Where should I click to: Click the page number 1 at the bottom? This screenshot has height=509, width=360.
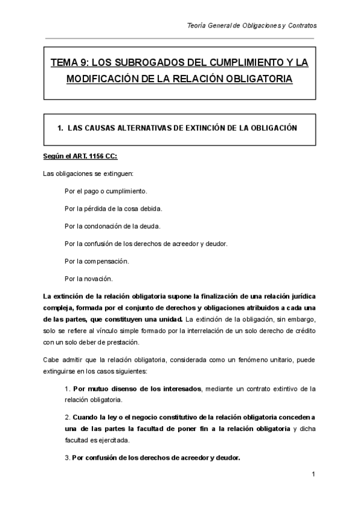pyautogui.click(x=314, y=475)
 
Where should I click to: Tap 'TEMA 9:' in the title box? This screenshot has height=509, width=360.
pyautogui.click(x=68, y=62)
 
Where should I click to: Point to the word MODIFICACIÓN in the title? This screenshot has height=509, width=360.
pyautogui.click(x=104, y=79)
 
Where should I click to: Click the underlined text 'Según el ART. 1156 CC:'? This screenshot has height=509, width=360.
pyautogui.click(x=80, y=157)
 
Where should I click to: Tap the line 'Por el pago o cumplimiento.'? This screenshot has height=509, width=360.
pyautogui.click(x=105, y=191)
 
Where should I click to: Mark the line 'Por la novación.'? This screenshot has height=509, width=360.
pyautogui.click(x=88, y=279)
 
